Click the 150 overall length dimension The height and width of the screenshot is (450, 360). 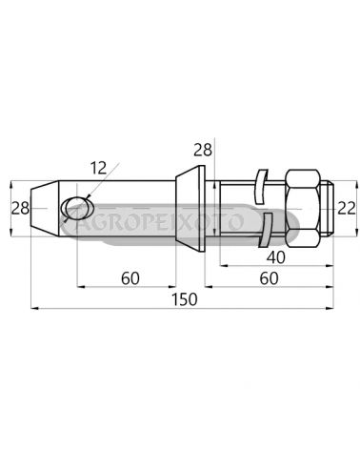tap(185, 299)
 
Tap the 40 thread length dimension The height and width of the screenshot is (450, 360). tap(275, 257)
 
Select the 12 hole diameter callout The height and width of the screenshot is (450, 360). tap(99, 168)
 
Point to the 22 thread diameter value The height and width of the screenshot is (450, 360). tap(347, 209)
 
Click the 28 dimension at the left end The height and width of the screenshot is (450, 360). tap(20, 209)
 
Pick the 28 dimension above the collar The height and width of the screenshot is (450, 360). tap(203, 150)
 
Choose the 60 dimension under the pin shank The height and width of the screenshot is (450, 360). tap(130, 278)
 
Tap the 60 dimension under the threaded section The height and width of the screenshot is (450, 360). tap(269, 278)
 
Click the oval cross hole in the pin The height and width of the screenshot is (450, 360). tap(77, 208)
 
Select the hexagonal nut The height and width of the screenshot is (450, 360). tap(303, 209)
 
